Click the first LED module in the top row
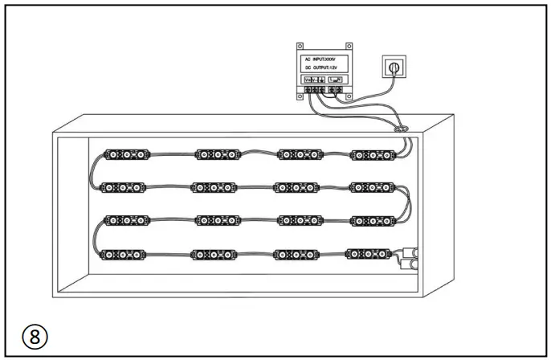pyautogui.click(x=127, y=153)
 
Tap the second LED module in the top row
pyautogui.click(x=218, y=153)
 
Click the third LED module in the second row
pyautogui.click(x=297, y=187)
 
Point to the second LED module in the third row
pyautogui.click(x=217, y=220)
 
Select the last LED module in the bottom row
pyautogui.click(x=369, y=254)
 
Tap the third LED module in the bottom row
pyautogui.click(x=296, y=254)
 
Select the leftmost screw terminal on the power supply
pyautogui.click(x=307, y=90)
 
